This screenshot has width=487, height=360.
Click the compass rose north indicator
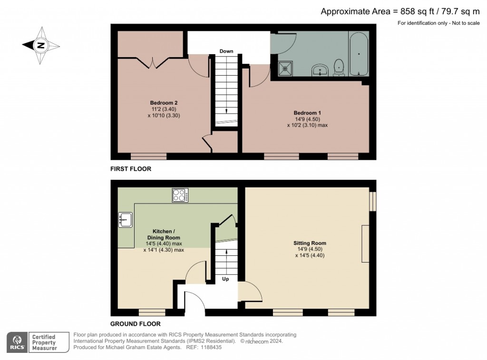[41, 45]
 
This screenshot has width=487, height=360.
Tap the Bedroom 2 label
[164, 103]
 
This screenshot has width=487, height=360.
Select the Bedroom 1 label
[307, 113]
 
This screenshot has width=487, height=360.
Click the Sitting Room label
[310, 243]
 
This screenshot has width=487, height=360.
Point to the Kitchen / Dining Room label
[164, 234]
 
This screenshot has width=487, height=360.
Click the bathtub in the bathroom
[359, 54]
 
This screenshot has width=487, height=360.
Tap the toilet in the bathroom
[339, 68]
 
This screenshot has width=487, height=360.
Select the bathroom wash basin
[320, 70]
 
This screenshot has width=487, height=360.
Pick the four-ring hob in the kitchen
[180, 195]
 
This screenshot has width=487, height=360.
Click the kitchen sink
[125, 220]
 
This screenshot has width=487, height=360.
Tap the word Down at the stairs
[226, 51]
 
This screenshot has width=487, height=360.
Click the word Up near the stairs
[225, 279]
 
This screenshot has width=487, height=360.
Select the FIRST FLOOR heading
[131, 169]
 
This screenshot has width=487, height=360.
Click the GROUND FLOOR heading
[136, 324]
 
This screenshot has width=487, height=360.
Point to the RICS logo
[18, 342]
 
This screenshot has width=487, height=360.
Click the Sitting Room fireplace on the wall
[365, 244]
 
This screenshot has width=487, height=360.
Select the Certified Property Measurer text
[44, 342]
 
